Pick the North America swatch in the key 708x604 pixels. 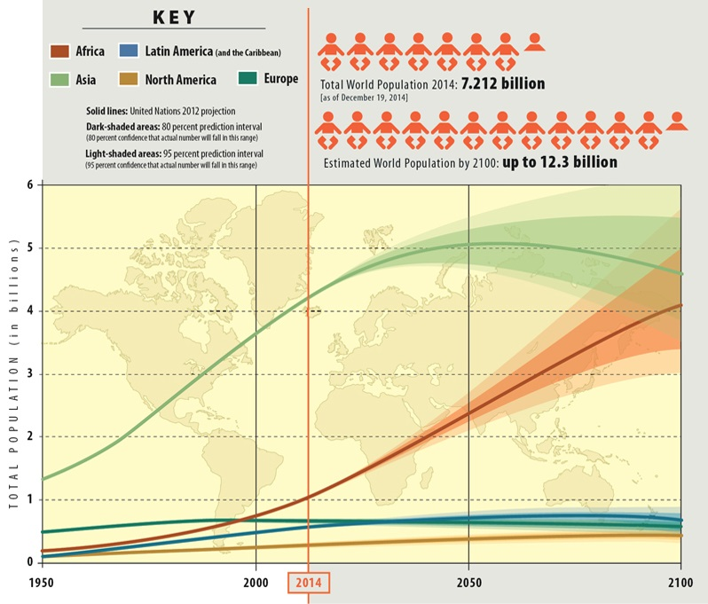131,79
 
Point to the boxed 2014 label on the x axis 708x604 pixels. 310,583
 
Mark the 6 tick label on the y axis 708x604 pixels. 29,185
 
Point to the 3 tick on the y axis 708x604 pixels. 29,374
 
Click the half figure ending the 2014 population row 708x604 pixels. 534,42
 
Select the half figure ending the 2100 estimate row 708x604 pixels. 677,121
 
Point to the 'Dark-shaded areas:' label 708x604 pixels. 117,127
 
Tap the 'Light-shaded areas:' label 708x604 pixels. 118,154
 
